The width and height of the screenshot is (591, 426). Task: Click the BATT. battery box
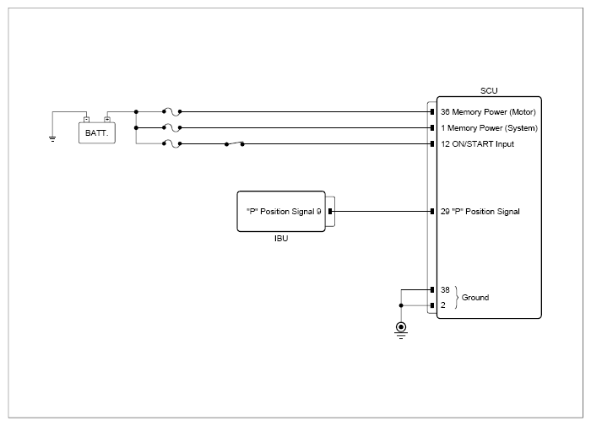(x=97, y=133)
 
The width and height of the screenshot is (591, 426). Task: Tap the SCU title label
(x=489, y=91)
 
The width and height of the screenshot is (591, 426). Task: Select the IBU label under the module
(x=281, y=239)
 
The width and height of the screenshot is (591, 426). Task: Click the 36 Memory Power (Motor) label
(x=488, y=112)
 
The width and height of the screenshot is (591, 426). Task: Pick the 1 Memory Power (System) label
(x=489, y=128)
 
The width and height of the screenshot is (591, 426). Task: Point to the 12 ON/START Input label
(x=477, y=144)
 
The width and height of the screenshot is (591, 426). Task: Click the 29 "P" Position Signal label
(x=480, y=211)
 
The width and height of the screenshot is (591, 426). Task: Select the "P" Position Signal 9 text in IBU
(x=284, y=211)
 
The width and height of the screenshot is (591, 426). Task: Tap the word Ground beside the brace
(x=475, y=298)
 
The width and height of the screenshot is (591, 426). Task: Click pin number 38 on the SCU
(x=445, y=289)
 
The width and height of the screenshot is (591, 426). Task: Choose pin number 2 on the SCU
(x=443, y=305)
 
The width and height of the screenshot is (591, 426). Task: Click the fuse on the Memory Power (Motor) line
(x=172, y=112)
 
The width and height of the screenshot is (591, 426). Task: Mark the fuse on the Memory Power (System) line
(x=172, y=128)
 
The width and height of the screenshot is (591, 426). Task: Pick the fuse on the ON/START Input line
(x=172, y=144)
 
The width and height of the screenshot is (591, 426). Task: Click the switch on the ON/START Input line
(x=235, y=143)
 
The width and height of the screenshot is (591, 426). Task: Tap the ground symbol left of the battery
(x=52, y=139)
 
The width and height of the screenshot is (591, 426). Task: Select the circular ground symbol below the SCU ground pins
(x=401, y=331)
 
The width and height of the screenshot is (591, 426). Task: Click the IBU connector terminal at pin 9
(x=330, y=211)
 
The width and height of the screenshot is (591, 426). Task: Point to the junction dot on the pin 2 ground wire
(x=401, y=305)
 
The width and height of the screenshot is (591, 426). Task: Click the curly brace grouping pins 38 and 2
(x=458, y=298)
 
